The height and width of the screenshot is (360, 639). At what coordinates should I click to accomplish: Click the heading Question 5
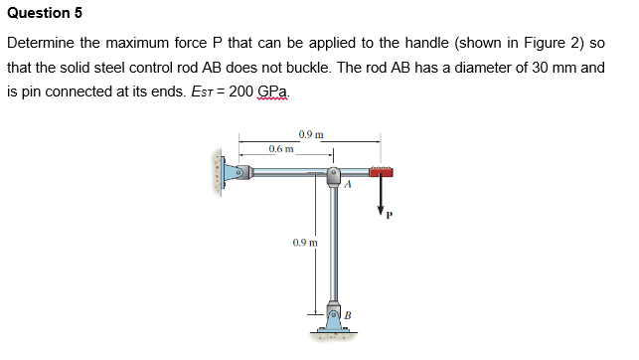[45, 13]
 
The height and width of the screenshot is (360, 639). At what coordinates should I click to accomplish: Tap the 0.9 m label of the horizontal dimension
[311, 133]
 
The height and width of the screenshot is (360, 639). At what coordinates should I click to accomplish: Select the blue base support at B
[333, 319]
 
